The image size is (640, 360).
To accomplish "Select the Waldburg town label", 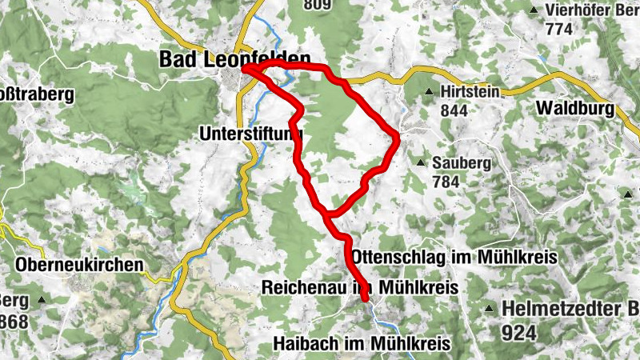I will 575,108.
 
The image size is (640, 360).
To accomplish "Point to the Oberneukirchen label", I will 79,263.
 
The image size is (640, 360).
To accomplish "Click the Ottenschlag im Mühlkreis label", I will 453,257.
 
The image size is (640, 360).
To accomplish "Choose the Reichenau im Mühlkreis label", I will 358,287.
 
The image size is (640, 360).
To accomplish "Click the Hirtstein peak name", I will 470,92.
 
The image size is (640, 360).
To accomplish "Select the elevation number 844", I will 454,111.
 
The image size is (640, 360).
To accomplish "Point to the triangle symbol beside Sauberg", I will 421,163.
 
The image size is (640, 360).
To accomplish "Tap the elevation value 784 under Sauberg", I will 446,182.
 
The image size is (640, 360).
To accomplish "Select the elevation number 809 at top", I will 318,5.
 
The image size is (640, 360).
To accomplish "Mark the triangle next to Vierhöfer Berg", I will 534,10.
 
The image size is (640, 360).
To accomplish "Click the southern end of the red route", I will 366,299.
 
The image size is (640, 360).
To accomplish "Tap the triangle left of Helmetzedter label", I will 490,309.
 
